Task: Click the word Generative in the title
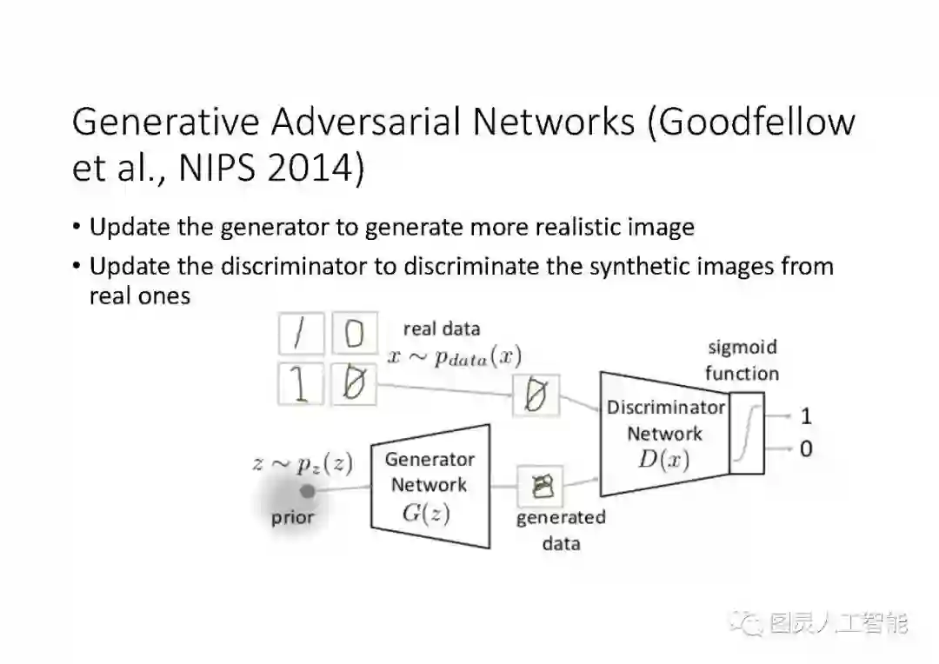coord(164,123)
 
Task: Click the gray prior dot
coord(307,491)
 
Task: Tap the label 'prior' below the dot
coord(292,518)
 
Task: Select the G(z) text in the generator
coord(426,513)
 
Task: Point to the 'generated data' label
coord(561,530)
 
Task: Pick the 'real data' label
coord(442,329)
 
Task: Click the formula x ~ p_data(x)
coord(454,356)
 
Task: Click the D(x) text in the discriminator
coord(663,460)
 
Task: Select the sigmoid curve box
coord(747,433)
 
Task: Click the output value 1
coord(806,415)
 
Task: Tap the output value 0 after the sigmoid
coord(806,449)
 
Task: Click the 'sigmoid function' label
coord(742,361)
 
